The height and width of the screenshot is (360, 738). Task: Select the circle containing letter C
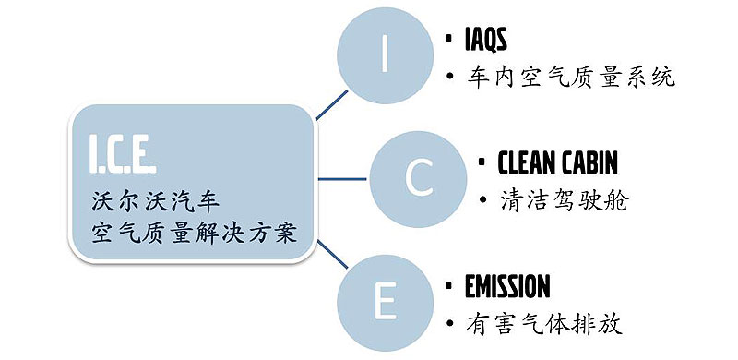417,178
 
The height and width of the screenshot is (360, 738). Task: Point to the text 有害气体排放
545,324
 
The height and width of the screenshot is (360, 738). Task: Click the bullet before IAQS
447,41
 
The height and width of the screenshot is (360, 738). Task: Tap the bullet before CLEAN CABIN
482,163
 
